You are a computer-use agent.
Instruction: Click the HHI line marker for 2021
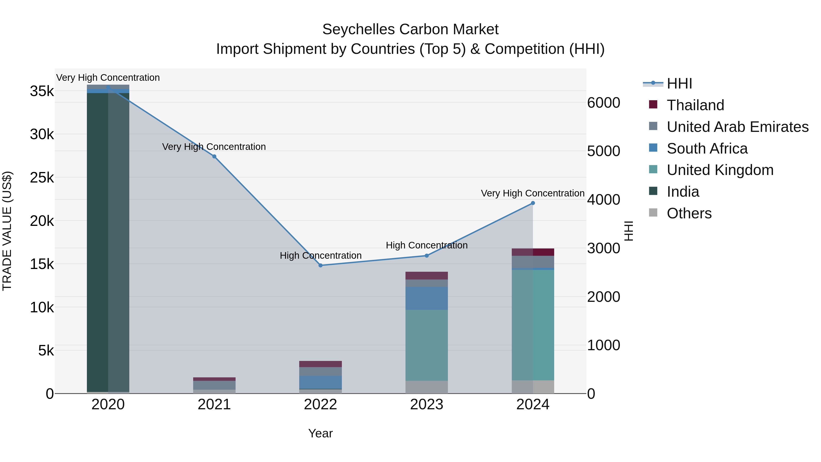214,156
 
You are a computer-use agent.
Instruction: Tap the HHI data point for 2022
321,265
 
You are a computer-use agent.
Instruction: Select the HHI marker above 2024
533,203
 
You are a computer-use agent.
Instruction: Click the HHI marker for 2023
427,255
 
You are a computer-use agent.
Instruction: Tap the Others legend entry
689,213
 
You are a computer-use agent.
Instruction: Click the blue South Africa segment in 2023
427,298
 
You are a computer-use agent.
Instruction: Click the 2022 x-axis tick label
321,405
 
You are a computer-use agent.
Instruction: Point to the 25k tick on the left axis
42,177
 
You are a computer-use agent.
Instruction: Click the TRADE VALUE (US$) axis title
7,231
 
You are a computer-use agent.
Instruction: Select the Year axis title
321,433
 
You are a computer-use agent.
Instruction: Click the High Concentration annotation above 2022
321,255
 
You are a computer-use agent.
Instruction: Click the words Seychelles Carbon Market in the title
410,29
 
